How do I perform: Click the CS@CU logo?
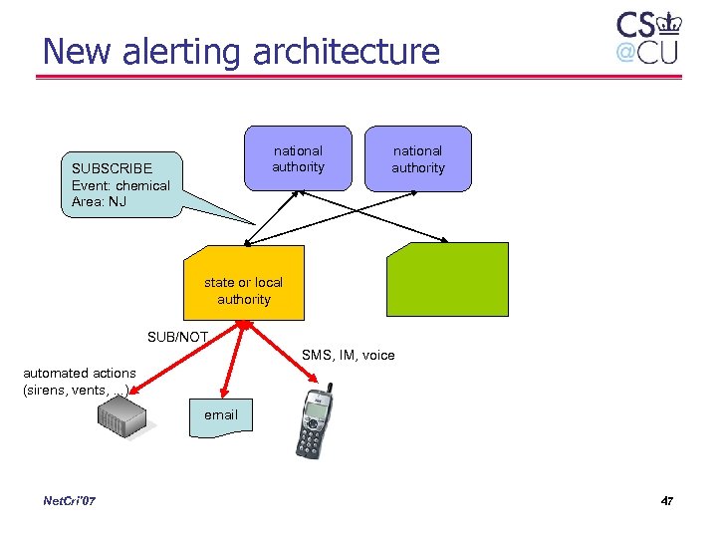point(647,37)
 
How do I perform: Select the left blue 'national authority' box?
point(299,158)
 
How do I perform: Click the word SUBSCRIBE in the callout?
point(112,168)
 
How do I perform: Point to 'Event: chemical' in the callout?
point(120,185)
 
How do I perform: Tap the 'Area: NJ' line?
point(99,202)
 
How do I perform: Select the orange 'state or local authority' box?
point(244,283)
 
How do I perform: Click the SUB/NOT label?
point(177,337)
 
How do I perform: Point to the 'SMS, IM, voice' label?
point(348,355)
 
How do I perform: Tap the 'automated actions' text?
point(79,373)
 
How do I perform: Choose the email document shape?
point(221,413)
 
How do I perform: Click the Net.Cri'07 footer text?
point(70,500)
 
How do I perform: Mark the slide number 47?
point(666,500)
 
